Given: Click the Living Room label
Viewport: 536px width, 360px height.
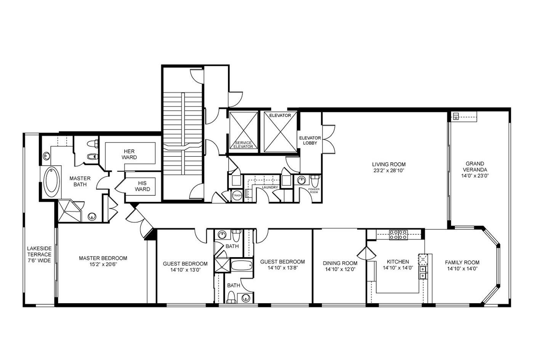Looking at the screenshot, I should [388, 165].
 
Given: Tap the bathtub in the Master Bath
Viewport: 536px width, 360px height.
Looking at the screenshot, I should [52, 181].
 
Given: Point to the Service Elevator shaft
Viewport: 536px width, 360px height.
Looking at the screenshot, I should [243, 131].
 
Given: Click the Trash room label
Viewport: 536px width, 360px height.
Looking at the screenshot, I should [237, 195].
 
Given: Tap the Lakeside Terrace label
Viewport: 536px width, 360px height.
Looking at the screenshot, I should [39, 254].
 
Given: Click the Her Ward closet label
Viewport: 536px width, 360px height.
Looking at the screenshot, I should [129, 154].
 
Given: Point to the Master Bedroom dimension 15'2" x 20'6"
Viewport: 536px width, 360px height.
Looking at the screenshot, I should [103, 264].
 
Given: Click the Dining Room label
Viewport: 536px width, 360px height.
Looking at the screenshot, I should [340, 263].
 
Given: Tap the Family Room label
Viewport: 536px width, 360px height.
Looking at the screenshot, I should [462, 262].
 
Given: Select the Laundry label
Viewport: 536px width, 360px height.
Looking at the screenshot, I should [270, 187].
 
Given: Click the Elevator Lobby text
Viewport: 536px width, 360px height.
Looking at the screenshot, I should [310, 140].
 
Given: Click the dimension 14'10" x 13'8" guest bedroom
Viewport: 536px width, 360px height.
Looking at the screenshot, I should [282, 268].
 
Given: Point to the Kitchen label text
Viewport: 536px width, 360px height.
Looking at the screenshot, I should [398, 262].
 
